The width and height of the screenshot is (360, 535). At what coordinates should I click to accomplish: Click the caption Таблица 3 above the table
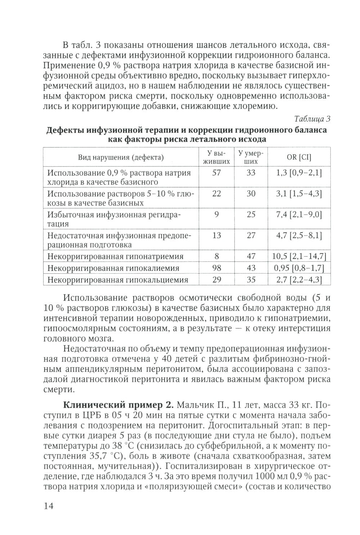(x=312, y=119)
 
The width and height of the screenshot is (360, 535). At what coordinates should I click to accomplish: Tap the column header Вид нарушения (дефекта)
(x=121, y=157)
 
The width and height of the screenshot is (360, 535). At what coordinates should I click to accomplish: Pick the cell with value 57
(x=216, y=173)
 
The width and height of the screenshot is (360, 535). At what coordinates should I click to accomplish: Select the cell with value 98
(x=216, y=268)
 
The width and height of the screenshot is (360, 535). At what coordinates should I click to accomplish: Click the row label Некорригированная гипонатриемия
(x=115, y=257)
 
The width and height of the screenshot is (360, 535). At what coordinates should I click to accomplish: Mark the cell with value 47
(x=251, y=256)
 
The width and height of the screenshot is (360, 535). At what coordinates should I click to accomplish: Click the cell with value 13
(x=216, y=235)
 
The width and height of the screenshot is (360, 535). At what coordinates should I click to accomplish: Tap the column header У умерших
(x=251, y=157)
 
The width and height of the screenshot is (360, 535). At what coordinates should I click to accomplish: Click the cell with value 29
(x=216, y=280)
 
